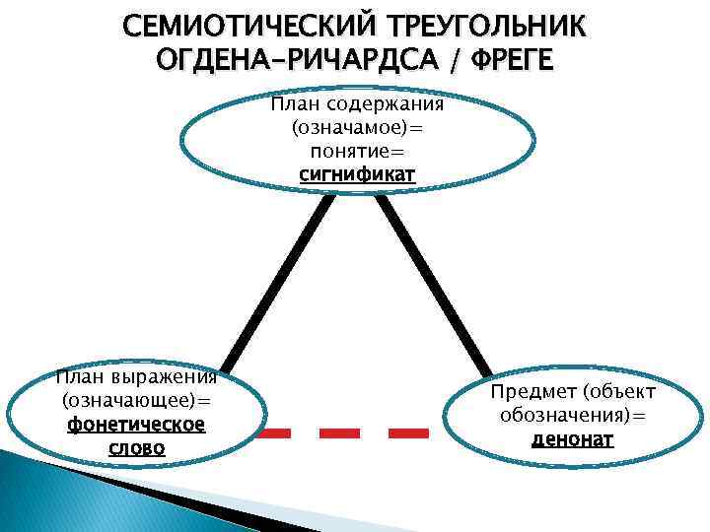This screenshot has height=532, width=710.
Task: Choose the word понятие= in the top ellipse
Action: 357,152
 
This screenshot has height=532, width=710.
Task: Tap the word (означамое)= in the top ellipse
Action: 357,128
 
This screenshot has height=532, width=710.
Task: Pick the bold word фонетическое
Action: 136,425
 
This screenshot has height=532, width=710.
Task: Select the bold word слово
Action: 136,448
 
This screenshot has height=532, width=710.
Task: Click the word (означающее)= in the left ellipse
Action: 136,401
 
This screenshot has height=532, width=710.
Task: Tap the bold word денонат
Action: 572,439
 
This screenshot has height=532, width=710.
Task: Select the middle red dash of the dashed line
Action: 339,432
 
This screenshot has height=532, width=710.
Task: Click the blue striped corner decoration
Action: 59,498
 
